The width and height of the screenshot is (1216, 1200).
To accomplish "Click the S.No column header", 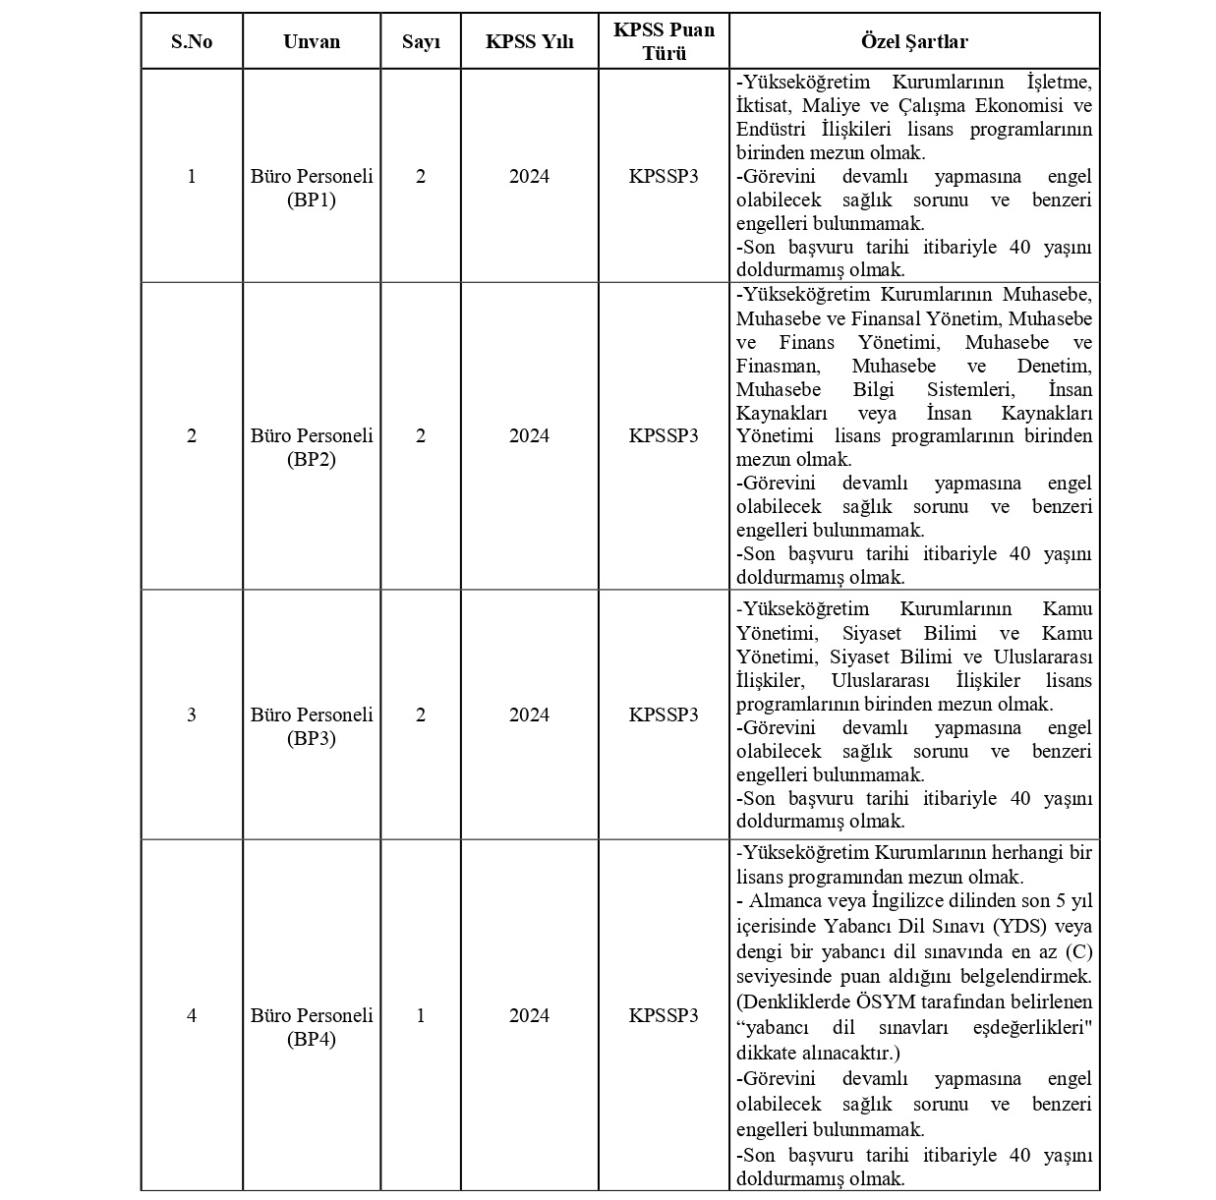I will coord(192,41).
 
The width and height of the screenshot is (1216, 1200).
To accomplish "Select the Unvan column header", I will coord(312,41).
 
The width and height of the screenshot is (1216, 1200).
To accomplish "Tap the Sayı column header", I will coord(421,41).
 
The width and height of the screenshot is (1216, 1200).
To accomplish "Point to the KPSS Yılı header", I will coord(529,41).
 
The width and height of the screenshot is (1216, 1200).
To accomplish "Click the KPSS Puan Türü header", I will coord(664,41).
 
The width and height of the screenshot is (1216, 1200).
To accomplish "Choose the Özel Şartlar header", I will coord(914,41).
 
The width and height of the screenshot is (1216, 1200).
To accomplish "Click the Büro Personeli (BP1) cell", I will coord(312,188).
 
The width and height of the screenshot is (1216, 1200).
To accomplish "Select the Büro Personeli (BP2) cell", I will coord(312,447).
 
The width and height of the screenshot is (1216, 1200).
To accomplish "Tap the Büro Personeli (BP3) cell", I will coord(312,726).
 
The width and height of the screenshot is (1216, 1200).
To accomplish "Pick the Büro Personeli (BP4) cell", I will coord(312,1027).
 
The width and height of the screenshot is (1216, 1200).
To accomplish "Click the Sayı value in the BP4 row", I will coord(421,1015).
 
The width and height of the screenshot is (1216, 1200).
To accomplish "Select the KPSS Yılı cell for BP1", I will coord(529,176).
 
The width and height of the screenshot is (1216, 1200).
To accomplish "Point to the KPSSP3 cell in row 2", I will coord(664,435).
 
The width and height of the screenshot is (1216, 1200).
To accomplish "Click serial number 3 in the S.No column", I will coord(192,714).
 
